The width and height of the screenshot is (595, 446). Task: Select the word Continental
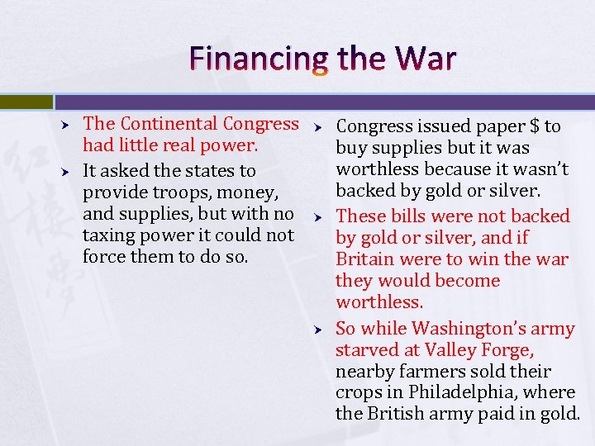(x=169, y=124)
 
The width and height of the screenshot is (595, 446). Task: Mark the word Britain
(x=364, y=259)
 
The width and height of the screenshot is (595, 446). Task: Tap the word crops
(x=359, y=392)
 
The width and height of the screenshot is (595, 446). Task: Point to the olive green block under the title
(x=26, y=102)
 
